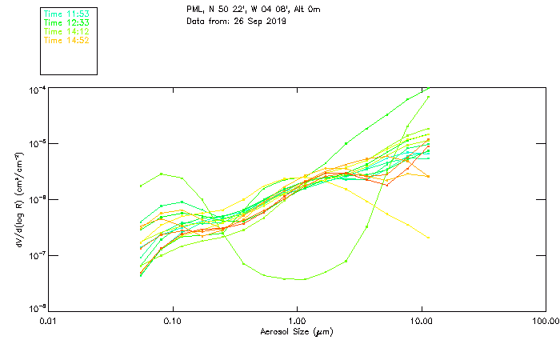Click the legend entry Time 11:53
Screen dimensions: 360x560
[66, 14]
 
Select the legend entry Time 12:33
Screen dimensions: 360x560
[66, 22]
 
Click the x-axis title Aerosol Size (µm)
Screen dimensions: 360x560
[297, 331]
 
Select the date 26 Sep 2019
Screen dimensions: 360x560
[262, 21]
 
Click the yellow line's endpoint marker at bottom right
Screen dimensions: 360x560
[429, 238]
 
